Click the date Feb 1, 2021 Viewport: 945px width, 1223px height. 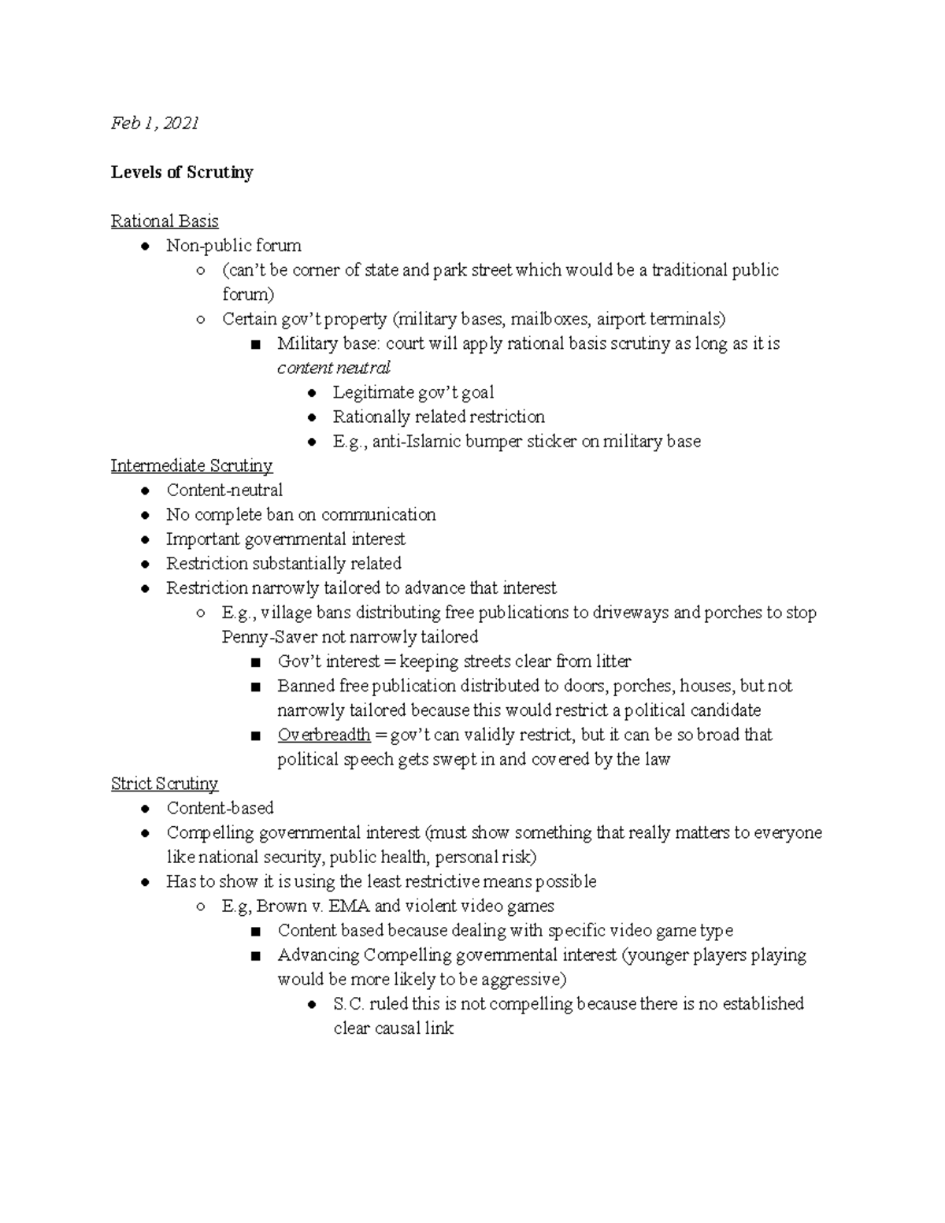(154, 123)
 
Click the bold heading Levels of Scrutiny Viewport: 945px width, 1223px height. (182, 172)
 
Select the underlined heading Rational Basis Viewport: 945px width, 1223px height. (165, 221)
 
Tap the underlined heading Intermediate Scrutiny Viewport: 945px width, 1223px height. (191, 466)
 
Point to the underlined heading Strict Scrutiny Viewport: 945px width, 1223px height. (165, 784)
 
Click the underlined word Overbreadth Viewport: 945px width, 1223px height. (324, 736)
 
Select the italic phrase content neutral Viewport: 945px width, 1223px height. (334, 369)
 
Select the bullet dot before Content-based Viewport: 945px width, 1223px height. (146, 809)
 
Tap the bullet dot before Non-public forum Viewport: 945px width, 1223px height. (146, 246)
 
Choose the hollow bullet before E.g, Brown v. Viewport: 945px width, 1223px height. (201, 906)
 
